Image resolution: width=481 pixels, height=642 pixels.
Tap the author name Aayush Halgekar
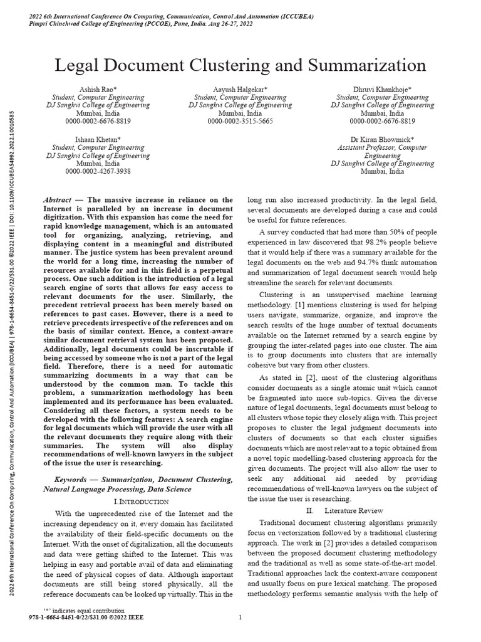tap(240, 90)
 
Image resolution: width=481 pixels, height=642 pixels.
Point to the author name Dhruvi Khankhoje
tap(382, 90)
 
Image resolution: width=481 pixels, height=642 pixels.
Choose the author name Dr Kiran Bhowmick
tap(382, 139)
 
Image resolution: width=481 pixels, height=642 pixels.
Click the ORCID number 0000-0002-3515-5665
tap(240, 121)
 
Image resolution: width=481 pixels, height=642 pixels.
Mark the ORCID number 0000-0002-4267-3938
tap(98, 171)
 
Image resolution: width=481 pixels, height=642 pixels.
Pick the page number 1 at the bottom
tap(240, 618)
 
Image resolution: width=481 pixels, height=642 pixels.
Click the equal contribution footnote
tap(83, 610)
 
